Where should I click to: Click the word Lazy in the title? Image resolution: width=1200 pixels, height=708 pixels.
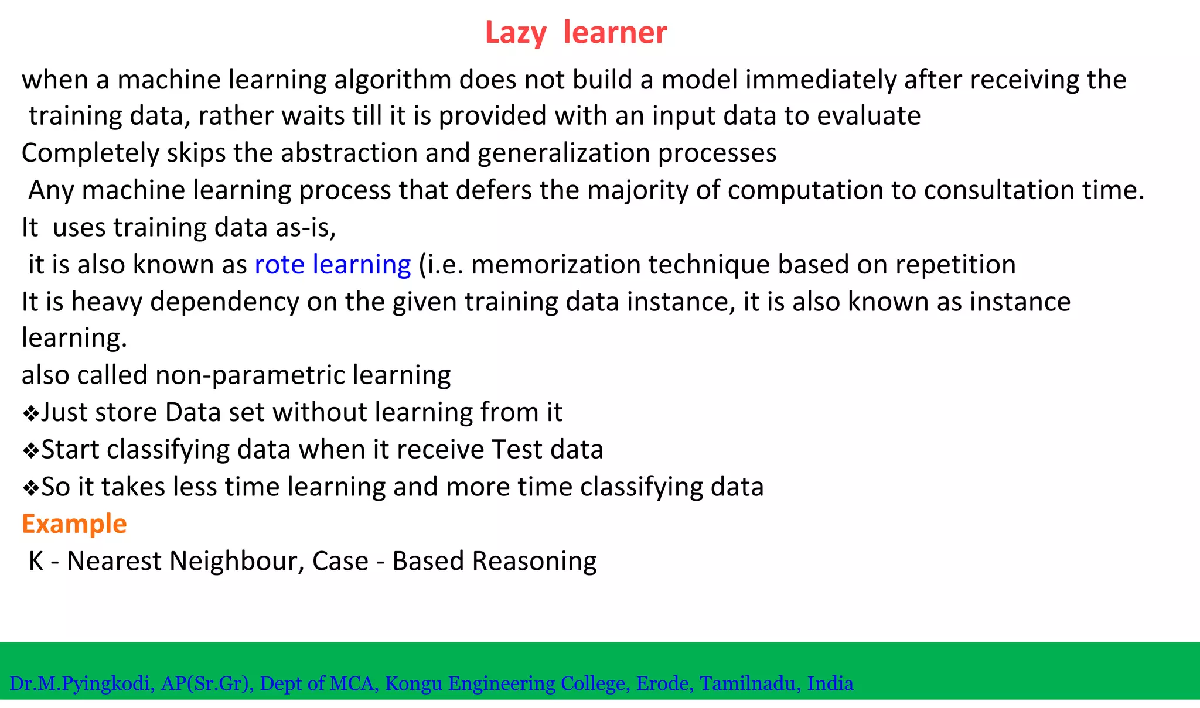tap(515, 33)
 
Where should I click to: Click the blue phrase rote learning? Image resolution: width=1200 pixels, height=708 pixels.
tap(332, 265)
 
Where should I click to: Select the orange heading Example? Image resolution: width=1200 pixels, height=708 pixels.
tap(74, 524)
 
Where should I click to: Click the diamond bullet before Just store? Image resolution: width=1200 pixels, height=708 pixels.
tap(30, 414)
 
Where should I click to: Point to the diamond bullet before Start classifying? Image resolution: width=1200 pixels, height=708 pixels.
tap(30, 452)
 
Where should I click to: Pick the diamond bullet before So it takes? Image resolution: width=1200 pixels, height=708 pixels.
tap(30, 488)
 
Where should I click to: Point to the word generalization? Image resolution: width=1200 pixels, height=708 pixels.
tap(564, 153)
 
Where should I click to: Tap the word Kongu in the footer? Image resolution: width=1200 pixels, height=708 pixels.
tap(413, 683)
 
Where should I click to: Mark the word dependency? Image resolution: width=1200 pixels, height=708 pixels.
tap(224, 302)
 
